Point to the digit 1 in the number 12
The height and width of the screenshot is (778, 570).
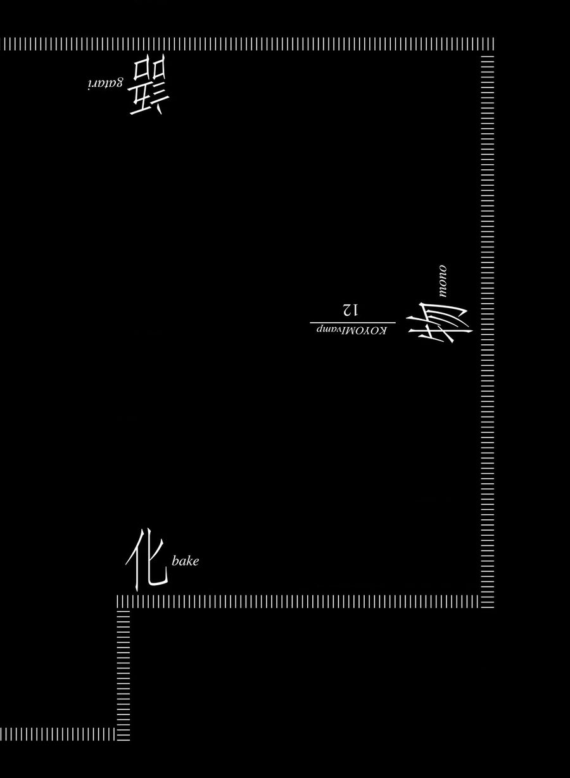355,310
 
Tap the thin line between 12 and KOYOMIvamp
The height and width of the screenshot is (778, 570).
348,322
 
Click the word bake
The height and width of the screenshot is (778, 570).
185,561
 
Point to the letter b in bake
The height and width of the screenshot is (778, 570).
175,560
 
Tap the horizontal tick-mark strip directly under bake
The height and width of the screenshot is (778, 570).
304,601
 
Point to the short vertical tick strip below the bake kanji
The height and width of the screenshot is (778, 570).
123,672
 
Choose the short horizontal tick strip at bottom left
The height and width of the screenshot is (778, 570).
57,734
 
